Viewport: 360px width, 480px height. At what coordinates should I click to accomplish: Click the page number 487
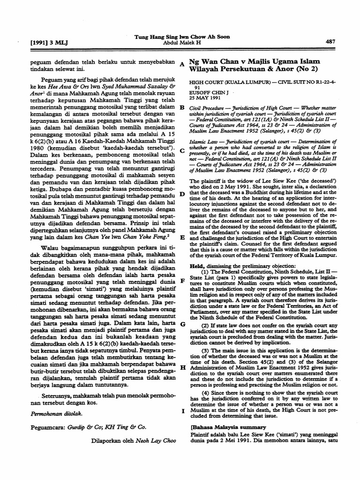330,42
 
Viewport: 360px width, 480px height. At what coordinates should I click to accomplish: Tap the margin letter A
181,65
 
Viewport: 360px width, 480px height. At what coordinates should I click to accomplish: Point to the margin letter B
181,108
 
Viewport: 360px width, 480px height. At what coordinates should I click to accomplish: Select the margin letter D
181,194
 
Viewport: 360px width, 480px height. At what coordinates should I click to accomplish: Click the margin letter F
181,280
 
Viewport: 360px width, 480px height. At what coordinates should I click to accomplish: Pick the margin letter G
182,324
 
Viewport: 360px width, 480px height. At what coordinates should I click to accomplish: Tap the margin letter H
182,367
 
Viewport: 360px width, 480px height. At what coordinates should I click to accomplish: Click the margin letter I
182,411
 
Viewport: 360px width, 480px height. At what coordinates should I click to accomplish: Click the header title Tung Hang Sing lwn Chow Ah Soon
182,36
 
